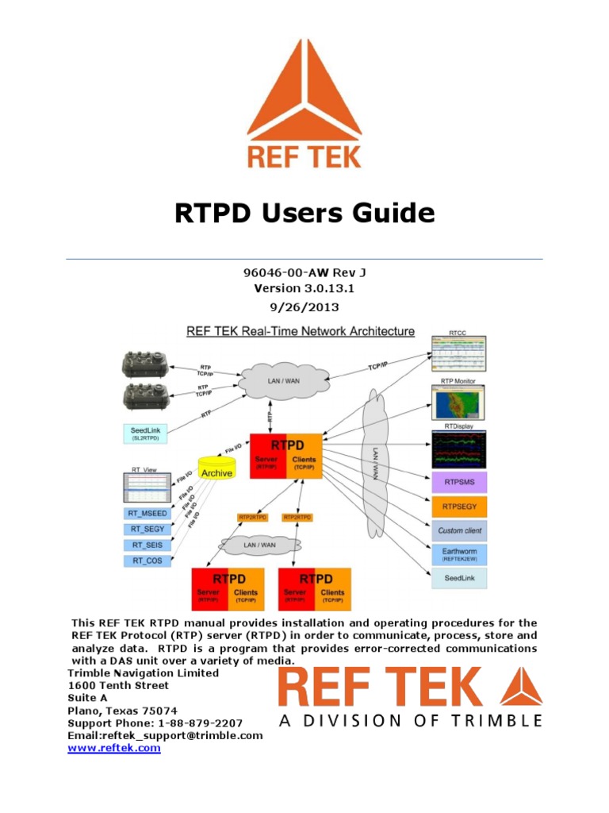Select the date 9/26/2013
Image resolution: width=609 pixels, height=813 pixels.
point(304,306)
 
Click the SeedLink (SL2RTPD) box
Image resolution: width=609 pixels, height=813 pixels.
point(151,433)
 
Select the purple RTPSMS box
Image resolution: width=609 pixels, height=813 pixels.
point(461,482)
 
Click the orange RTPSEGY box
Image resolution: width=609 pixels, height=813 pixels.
point(461,506)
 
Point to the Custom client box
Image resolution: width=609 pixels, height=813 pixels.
point(461,530)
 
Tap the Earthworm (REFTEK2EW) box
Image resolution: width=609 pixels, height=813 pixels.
point(461,553)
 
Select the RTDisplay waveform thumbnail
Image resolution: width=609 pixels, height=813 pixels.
point(460,450)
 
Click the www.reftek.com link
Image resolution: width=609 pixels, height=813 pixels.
point(114,749)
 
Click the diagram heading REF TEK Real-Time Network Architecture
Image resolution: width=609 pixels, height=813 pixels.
point(300,330)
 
